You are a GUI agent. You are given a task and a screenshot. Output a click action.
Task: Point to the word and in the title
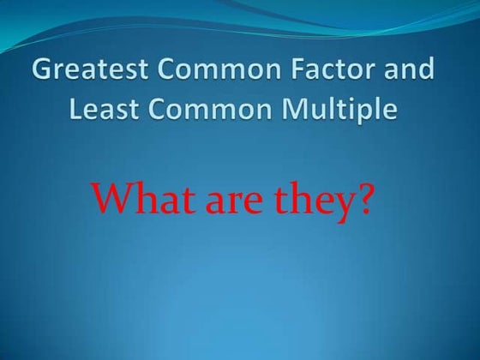pyautogui.click(x=406, y=71)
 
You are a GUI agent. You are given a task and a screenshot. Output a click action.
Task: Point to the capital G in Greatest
pyautogui.click(x=44, y=71)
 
